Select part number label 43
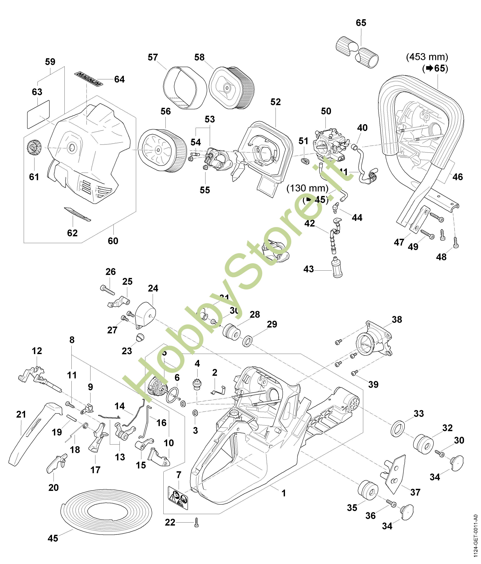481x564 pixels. (x=309, y=269)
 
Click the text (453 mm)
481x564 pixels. (x=427, y=57)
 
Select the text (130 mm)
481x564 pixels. (x=307, y=188)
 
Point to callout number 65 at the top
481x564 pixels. (x=361, y=23)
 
